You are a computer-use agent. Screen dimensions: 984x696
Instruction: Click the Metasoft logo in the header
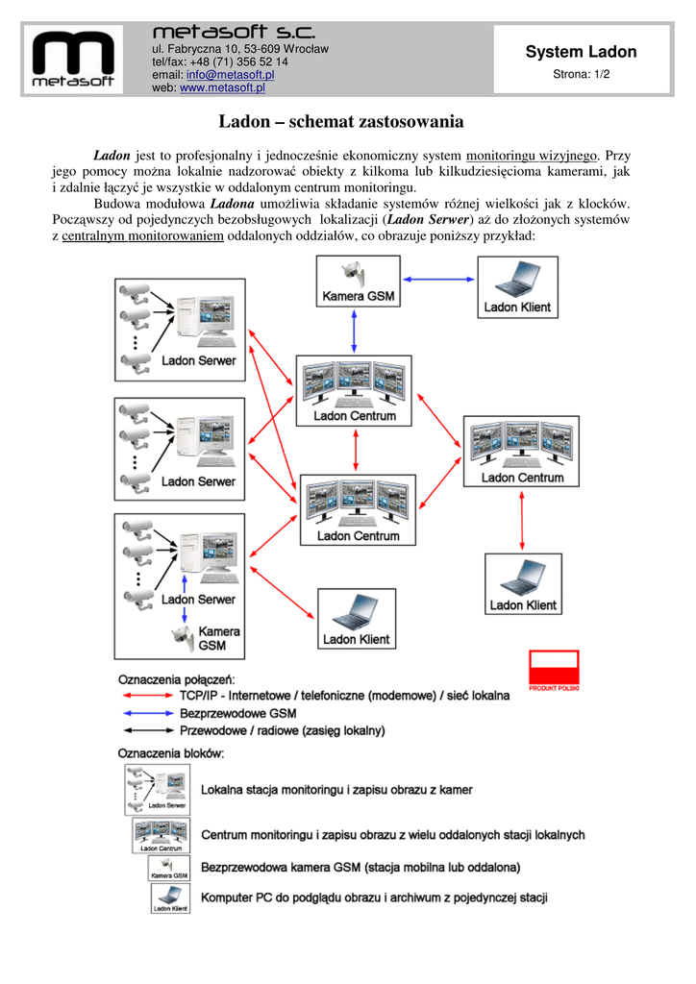pos(73,59)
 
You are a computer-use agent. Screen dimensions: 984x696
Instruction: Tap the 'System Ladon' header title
pos(581,52)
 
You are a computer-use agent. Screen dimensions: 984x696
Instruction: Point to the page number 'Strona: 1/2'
pos(581,74)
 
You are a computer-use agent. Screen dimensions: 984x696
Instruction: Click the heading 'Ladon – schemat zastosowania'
pos(341,122)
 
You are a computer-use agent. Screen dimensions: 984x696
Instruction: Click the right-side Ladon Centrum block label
pos(522,478)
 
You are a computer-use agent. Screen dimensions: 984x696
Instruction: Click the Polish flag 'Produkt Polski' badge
pos(554,669)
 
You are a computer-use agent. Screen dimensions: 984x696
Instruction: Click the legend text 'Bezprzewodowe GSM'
pos(238,713)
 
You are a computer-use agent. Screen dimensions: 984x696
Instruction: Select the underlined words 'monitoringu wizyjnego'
pos(532,155)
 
